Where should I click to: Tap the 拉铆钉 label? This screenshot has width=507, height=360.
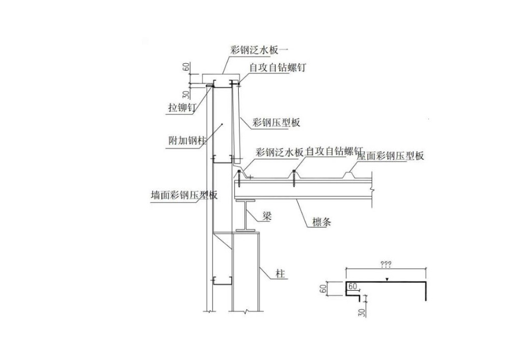[x=182, y=108]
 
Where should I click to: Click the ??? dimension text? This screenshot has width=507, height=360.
[x=386, y=264]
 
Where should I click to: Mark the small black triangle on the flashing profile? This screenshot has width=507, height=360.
[x=388, y=279]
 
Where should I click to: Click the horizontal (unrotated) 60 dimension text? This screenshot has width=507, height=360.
[x=352, y=287]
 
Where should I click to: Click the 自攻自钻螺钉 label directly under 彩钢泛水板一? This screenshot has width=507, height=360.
[x=277, y=68]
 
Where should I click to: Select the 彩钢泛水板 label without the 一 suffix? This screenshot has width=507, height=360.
[x=280, y=152]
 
